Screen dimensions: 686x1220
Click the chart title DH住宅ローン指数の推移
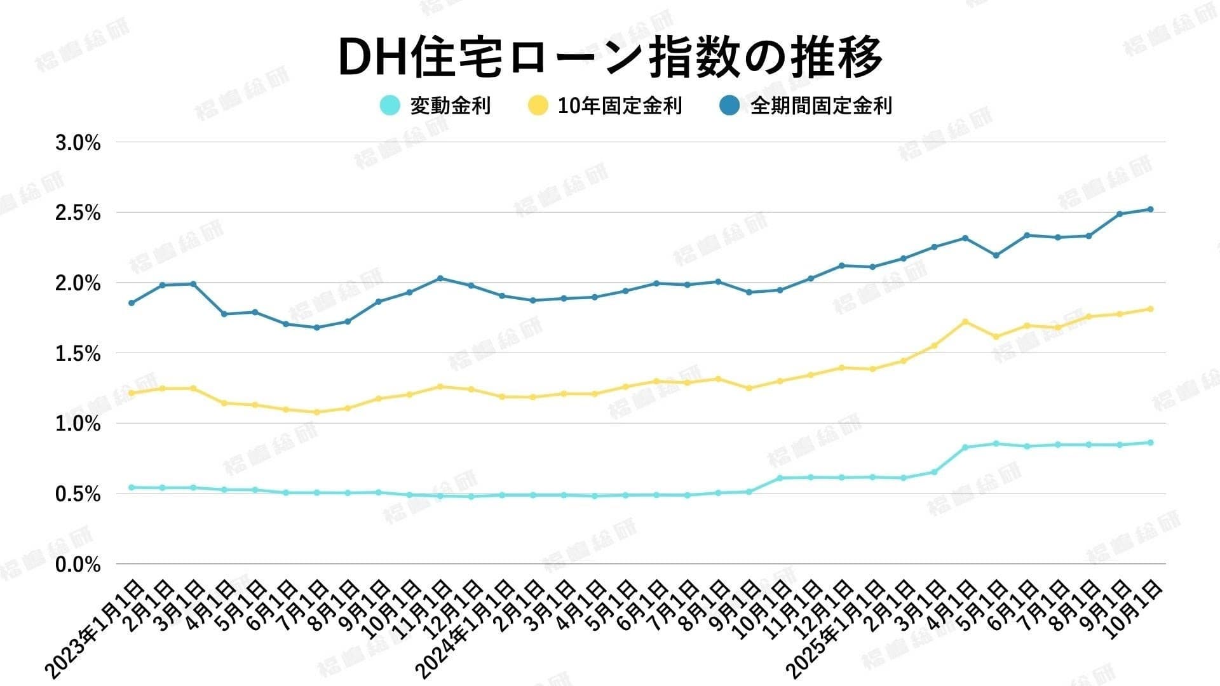pyautogui.click(x=610, y=57)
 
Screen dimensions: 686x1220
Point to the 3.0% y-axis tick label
pyautogui.click(x=78, y=144)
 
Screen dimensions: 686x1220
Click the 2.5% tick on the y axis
pyautogui.click(x=78, y=213)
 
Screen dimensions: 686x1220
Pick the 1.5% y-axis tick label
pyautogui.click(x=78, y=354)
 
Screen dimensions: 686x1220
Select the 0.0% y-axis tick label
pyautogui.click(x=78, y=565)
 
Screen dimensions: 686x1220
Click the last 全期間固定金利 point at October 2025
pyautogui.click(x=1150, y=209)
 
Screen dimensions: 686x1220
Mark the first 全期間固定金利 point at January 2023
pyautogui.click(x=132, y=303)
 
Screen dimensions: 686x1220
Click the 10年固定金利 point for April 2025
pyautogui.click(x=965, y=321)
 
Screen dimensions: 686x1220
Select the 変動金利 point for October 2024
pyautogui.click(x=779, y=478)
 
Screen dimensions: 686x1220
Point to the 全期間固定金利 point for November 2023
pyautogui.click(x=441, y=278)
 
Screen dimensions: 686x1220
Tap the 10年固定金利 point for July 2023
pyautogui.click(x=317, y=412)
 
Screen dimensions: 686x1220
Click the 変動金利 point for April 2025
pyautogui.click(x=965, y=447)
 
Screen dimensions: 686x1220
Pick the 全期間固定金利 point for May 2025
pyautogui.click(x=996, y=255)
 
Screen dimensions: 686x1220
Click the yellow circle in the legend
pyautogui.click(x=538, y=105)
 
